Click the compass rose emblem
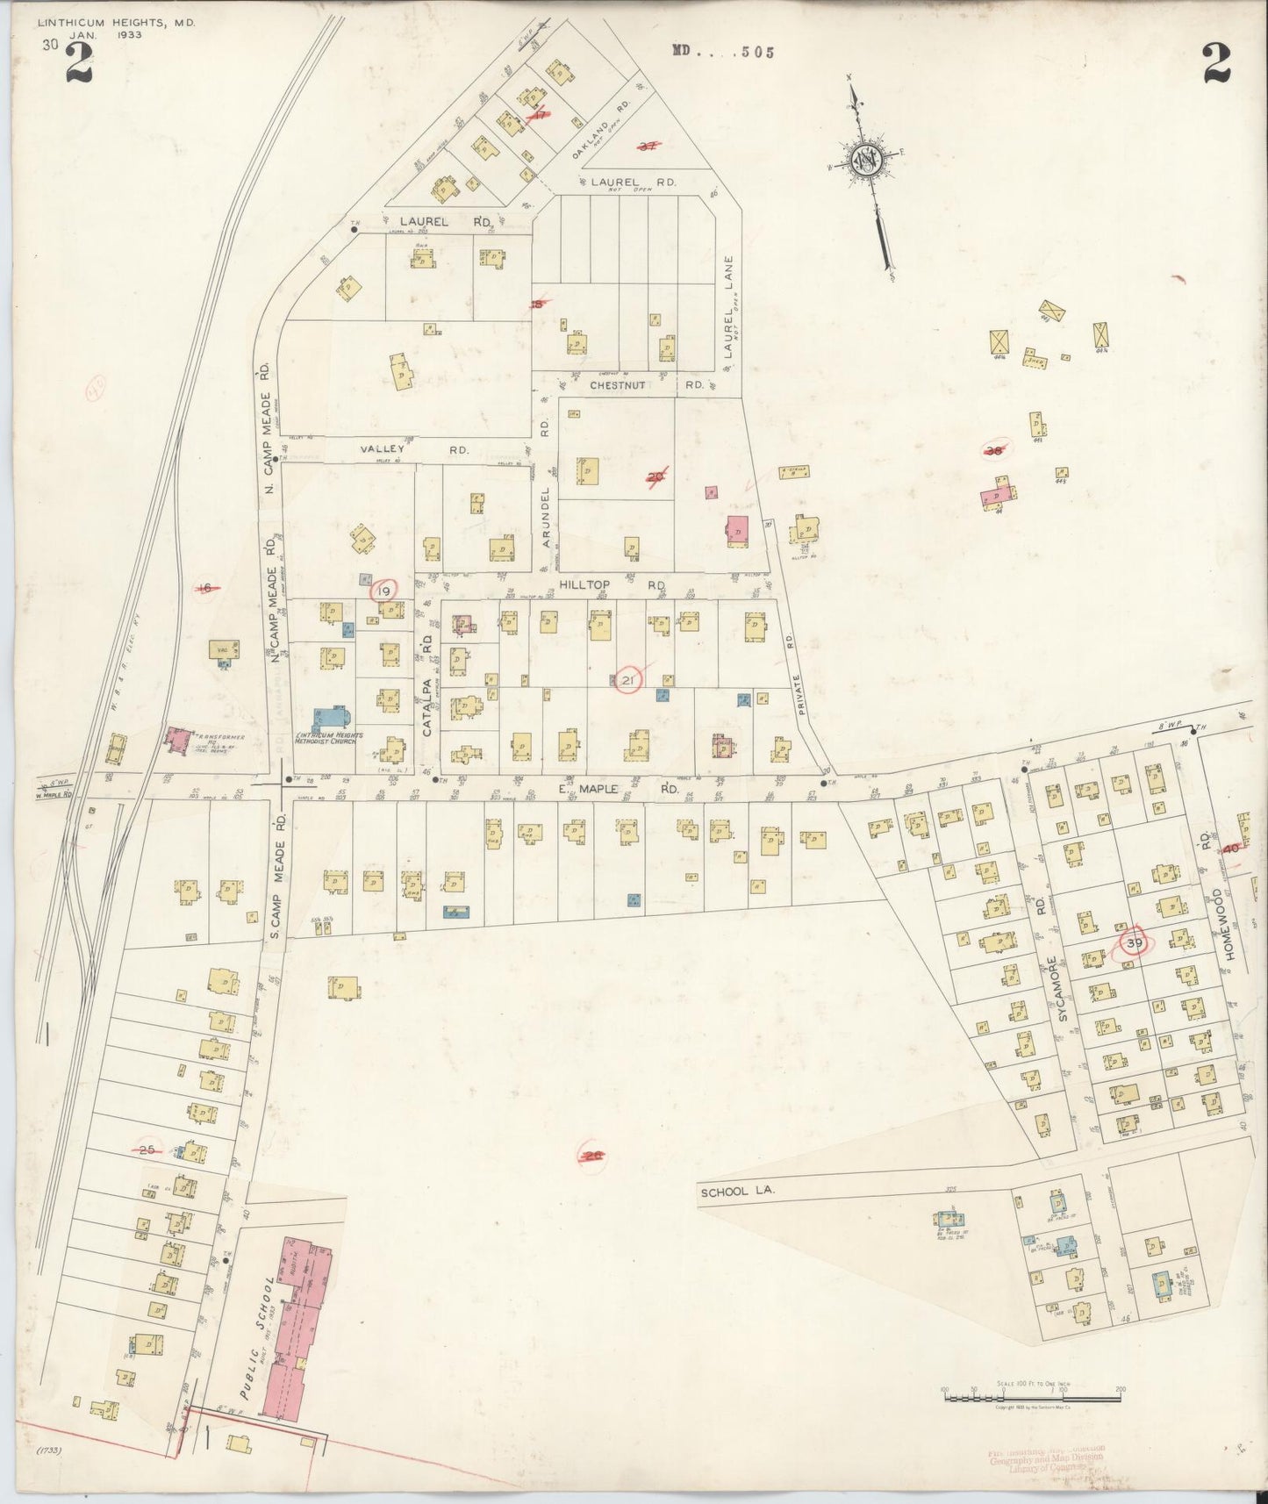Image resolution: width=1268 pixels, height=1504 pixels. click(x=864, y=161)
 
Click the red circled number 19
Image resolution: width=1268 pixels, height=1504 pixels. click(x=383, y=591)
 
